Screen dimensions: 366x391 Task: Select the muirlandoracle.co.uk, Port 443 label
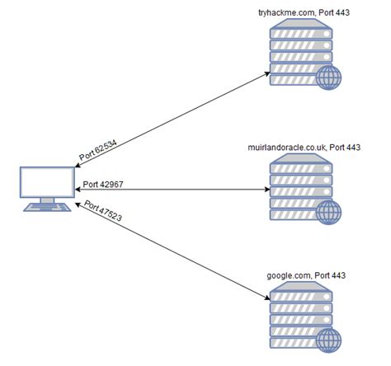pos(304,148)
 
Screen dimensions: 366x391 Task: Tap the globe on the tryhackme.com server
pos(330,77)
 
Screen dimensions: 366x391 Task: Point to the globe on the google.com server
pos(330,338)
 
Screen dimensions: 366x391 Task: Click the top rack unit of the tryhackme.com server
pos(300,32)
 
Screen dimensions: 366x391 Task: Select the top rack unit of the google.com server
pos(300,293)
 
